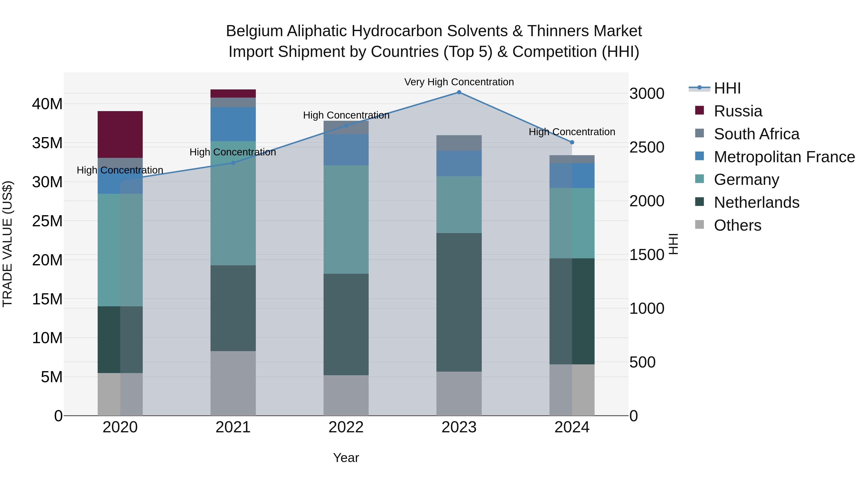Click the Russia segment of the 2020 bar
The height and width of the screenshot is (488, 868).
tap(120, 134)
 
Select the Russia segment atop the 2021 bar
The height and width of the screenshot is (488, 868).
tap(233, 93)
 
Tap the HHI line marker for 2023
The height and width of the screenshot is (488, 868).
tap(459, 92)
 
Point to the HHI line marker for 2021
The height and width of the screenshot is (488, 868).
tap(233, 163)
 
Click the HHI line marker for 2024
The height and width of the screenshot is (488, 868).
tap(572, 142)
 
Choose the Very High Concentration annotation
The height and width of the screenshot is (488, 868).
tap(459, 82)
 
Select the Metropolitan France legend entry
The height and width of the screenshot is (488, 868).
tap(784, 157)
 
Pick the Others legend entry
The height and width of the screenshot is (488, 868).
tap(737, 225)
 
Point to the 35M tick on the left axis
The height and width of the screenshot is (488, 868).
tap(47, 143)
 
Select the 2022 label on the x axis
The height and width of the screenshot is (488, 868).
tap(346, 427)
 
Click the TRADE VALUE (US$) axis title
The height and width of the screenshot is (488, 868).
tap(7, 244)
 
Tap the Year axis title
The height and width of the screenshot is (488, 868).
tap(346, 458)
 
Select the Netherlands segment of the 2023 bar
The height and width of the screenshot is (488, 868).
tap(459, 302)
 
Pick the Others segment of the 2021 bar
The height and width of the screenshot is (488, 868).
tap(233, 383)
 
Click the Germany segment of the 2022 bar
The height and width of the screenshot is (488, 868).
tap(346, 219)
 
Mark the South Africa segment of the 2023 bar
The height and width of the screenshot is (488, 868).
tap(459, 143)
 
